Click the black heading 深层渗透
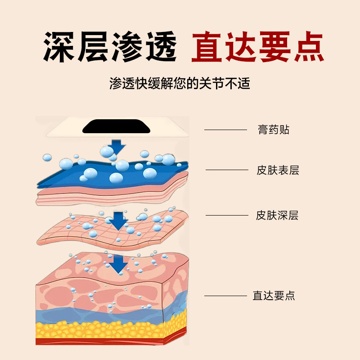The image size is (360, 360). [110, 46]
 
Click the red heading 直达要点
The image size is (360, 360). [257, 46]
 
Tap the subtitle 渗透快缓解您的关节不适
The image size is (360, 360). [180, 84]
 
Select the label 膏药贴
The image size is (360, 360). [274, 130]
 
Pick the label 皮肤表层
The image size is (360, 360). [278, 170]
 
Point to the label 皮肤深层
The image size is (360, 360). [277, 215]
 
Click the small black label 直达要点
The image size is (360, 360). [274, 296]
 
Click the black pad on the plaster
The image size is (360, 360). [117, 126]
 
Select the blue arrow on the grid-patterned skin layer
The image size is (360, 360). [118, 220]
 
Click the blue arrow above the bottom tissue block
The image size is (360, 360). [118, 264]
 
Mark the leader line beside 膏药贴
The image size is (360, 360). [225, 130]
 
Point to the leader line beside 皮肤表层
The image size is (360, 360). [227, 170]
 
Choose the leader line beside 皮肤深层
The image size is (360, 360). [227, 215]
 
